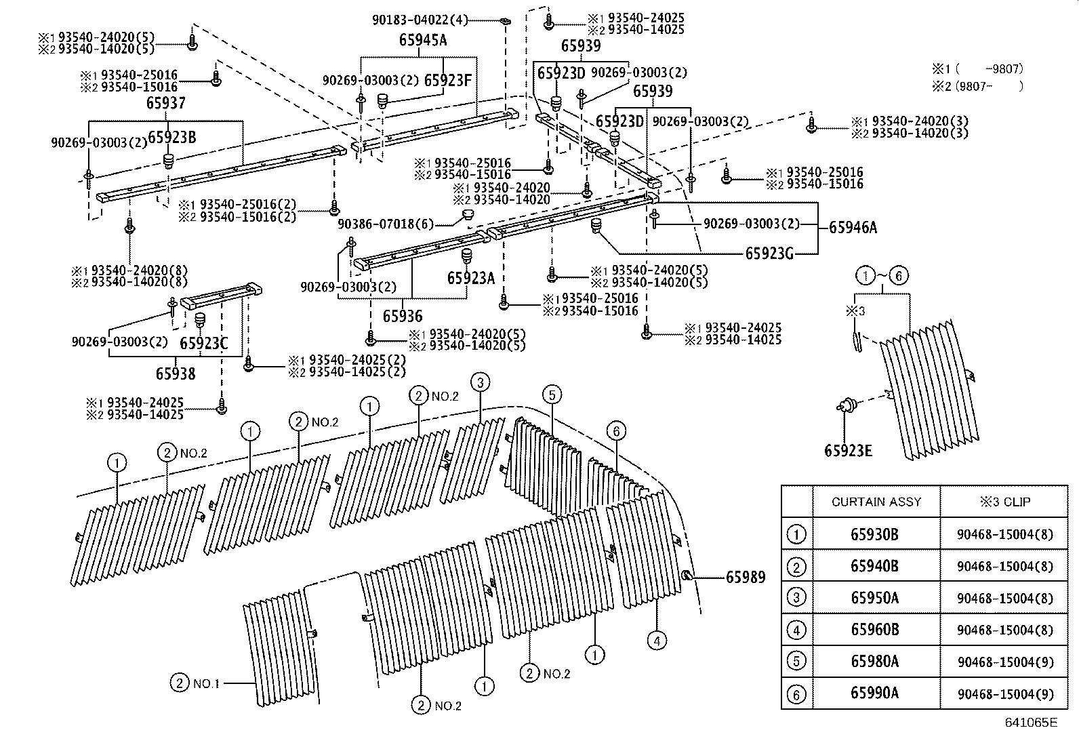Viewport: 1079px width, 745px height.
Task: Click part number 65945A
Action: point(423,40)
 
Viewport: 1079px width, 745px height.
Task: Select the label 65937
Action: point(166,103)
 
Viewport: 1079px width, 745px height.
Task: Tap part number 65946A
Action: point(853,228)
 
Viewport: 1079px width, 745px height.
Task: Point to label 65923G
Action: point(769,254)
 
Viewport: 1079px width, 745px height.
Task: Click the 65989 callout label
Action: point(746,578)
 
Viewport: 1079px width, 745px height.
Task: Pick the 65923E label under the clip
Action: point(848,450)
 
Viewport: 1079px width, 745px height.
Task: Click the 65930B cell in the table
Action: point(874,534)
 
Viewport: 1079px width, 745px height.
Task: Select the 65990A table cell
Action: point(874,693)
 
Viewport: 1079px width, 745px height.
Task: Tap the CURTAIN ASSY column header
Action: point(876,502)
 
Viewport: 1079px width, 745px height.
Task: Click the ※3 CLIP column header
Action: point(1004,502)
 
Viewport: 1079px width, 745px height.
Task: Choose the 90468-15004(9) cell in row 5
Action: point(1005,662)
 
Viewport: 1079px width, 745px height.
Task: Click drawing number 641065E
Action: point(1031,723)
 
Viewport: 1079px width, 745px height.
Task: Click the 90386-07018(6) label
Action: point(384,224)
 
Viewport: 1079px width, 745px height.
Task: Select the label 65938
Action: point(176,374)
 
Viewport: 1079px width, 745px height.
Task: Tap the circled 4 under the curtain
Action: point(656,639)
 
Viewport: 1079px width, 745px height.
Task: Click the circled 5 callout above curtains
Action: point(552,395)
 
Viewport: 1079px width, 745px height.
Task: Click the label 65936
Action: point(402,316)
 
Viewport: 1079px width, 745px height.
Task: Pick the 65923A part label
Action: point(471,278)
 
